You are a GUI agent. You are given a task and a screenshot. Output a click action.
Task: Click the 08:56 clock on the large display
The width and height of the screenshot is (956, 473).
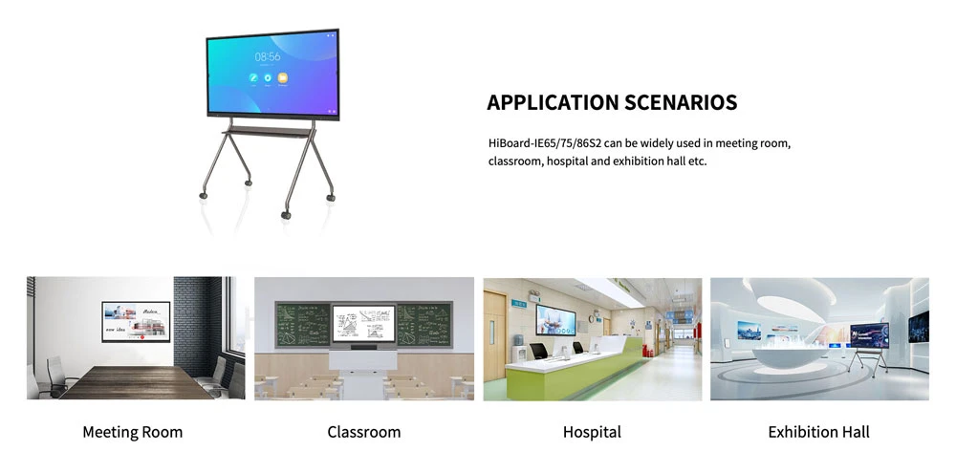tap(268, 56)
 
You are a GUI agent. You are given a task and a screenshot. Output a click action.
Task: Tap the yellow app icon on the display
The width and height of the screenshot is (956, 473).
tap(283, 77)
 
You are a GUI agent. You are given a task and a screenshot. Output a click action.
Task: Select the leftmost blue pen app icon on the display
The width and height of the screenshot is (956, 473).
tap(253, 77)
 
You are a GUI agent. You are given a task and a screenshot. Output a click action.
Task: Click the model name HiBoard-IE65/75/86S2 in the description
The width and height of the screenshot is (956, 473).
tap(544, 143)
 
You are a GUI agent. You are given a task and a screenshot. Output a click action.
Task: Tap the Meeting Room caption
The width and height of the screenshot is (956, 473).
tap(132, 432)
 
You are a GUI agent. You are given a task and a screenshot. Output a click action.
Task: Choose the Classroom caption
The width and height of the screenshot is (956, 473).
tap(363, 432)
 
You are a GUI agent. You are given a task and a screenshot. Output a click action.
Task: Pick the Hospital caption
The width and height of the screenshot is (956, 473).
tap(592, 432)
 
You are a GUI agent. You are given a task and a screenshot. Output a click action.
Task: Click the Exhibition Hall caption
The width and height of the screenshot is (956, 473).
tap(818, 432)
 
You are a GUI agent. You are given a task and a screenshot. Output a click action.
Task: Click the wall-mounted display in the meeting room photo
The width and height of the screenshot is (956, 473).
tap(136, 321)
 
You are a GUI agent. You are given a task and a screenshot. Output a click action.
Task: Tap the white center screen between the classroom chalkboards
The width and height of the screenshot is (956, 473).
tap(363, 324)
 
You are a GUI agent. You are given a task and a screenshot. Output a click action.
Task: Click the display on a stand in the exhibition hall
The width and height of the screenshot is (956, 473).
tap(869, 335)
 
